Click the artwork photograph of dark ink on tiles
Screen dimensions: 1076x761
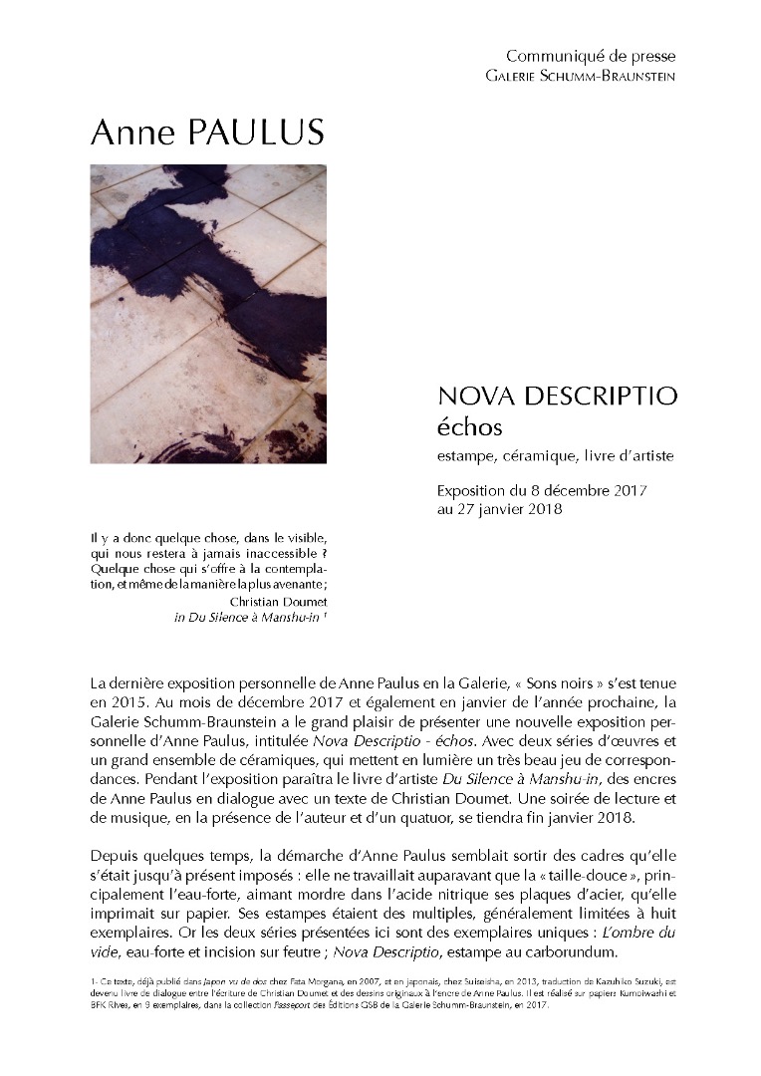pyautogui.click(x=208, y=313)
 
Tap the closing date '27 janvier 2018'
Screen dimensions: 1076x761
pyautogui.click(x=508, y=510)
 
